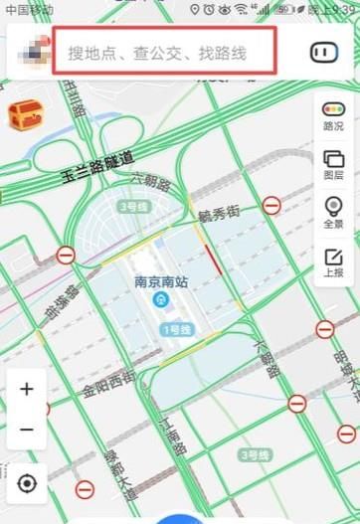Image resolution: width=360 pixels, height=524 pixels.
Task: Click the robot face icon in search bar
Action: tap(324, 52)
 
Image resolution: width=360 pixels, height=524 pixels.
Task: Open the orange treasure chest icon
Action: tap(22, 117)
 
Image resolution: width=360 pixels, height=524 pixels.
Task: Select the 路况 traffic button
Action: tap(334, 116)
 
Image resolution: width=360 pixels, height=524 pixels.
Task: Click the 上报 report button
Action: tap(334, 261)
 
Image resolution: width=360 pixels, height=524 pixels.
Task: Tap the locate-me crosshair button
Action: tap(27, 483)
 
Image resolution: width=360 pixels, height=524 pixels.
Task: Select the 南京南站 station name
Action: tap(161, 281)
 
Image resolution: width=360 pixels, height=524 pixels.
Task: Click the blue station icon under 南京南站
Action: tap(161, 300)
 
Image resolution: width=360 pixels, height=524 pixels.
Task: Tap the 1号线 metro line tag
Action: tap(175, 329)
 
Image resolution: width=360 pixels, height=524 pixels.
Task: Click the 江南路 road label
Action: tap(173, 435)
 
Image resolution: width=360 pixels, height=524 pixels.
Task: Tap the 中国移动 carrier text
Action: tap(30, 9)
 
